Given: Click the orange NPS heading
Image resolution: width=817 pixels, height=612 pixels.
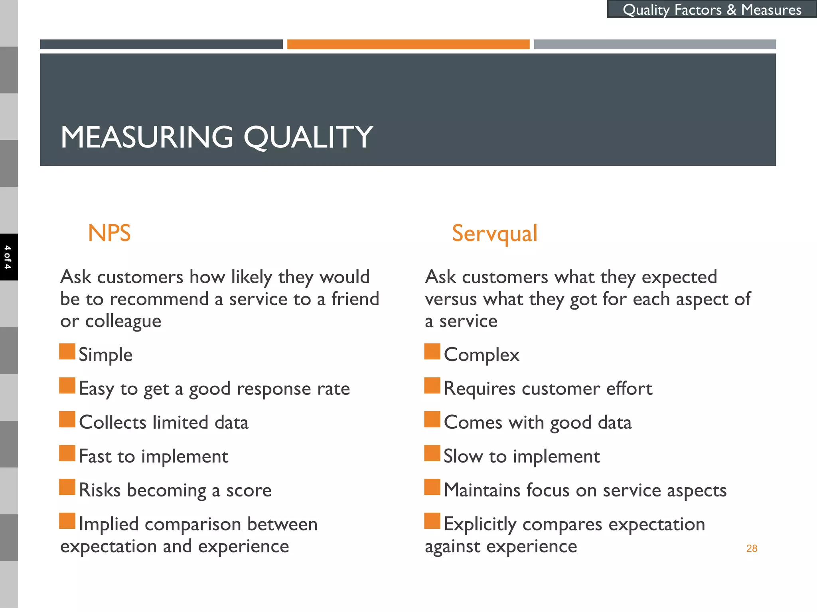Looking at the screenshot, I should click(x=109, y=233).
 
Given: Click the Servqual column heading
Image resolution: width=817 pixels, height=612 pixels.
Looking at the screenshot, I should click(x=494, y=233).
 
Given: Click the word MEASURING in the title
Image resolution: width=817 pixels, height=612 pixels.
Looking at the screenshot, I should click(x=147, y=137).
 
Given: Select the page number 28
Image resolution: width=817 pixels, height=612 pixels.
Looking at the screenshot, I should click(x=752, y=549).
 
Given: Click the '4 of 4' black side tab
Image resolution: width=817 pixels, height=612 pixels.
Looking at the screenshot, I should click(x=8, y=257).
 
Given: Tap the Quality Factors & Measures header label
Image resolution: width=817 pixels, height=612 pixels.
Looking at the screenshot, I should click(x=712, y=10).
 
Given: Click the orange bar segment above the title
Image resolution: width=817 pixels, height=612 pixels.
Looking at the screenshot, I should click(x=408, y=44).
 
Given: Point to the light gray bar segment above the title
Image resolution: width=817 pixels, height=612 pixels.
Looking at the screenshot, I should click(x=655, y=44).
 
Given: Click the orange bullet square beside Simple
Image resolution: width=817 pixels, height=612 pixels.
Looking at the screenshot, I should click(x=67, y=351).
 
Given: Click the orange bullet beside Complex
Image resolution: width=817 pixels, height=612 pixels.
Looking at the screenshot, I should click(x=432, y=351).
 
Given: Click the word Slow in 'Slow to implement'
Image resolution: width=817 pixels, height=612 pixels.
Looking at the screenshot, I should click(x=463, y=456).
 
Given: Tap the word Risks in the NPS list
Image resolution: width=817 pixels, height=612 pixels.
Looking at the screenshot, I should click(x=100, y=490).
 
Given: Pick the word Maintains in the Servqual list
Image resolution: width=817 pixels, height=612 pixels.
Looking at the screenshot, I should click(x=482, y=490).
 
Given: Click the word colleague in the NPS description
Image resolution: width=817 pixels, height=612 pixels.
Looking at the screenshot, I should click(x=123, y=321).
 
